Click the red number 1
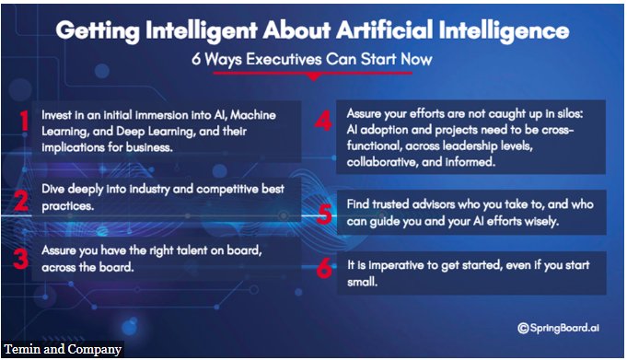(x=24, y=121)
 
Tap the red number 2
(x=21, y=201)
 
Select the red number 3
(x=20, y=259)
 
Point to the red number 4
(x=323, y=121)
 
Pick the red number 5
(x=324, y=214)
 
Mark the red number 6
(x=324, y=268)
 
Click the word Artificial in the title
(x=384, y=30)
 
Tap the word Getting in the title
(x=98, y=31)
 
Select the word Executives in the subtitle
(x=284, y=59)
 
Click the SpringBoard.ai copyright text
(x=558, y=328)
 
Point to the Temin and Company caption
(x=63, y=349)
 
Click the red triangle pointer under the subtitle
(x=313, y=77)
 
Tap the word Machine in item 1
(x=253, y=115)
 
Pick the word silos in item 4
(x=570, y=113)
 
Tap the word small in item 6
(x=362, y=282)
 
